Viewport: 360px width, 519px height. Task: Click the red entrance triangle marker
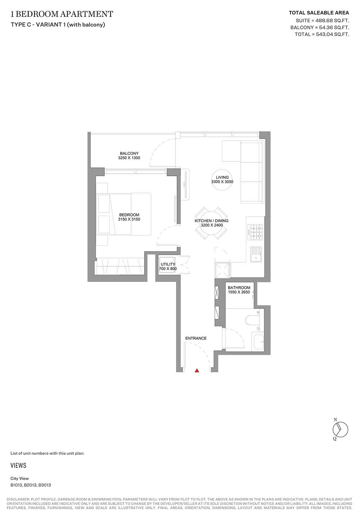click(x=197, y=371)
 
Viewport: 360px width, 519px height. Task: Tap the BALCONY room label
click(x=129, y=153)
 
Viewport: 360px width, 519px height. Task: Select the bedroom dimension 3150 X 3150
click(x=129, y=219)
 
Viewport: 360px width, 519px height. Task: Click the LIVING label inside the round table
click(x=222, y=177)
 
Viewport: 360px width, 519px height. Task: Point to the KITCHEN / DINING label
click(x=212, y=221)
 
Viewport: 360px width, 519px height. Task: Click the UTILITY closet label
click(x=168, y=264)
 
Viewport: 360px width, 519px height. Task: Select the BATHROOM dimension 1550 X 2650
click(x=239, y=292)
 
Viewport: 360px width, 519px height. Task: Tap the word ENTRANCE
click(x=196, y=338)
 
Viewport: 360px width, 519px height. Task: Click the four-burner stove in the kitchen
click(x=255, y=232)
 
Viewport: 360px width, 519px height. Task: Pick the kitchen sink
click(x=256, y=254)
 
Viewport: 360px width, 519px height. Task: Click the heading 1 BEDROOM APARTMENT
click(x=62, y=14)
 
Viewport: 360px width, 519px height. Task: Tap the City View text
click(x=19, y=478)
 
